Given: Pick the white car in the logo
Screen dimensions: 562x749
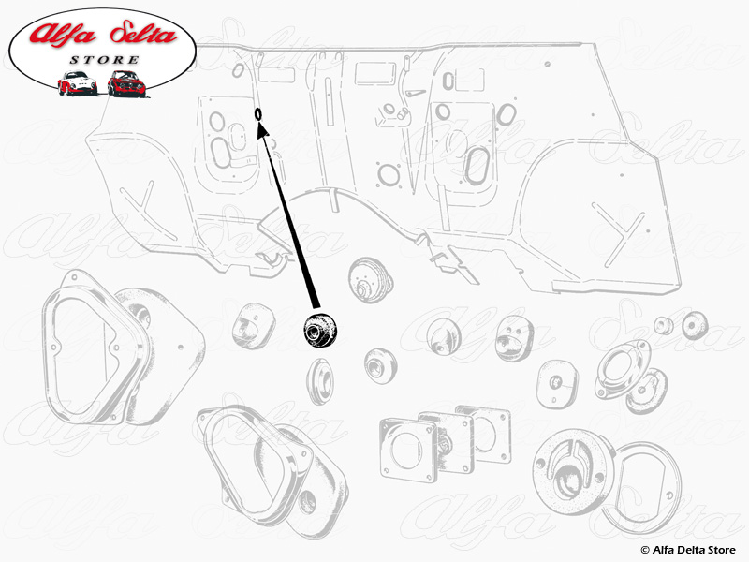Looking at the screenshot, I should coord(78,82).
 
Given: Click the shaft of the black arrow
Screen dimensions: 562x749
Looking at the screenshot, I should coord(286,220).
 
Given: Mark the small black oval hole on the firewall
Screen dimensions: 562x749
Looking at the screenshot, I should coord(258,113).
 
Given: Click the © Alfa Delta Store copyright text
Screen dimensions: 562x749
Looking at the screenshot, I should coord(688,548).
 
